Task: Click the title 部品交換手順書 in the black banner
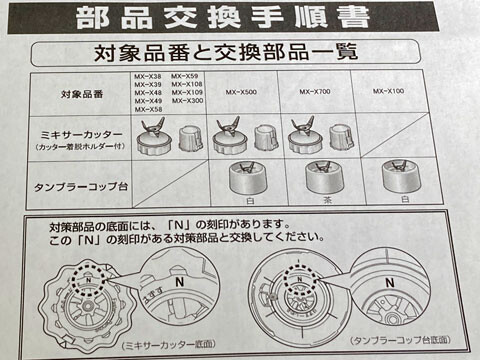click(x=221, y=17)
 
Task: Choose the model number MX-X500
click(x=243, y=93)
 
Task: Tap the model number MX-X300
click(x=187, y=102)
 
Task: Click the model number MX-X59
click(x=186, y=76)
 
